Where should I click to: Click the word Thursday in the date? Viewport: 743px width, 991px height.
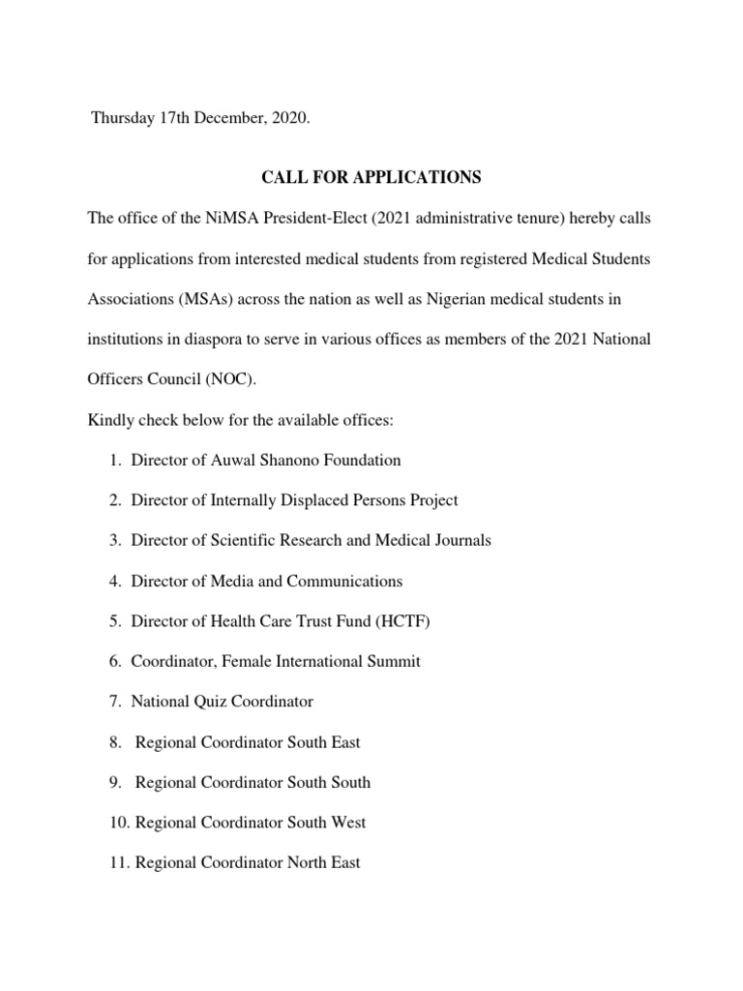(124, 117)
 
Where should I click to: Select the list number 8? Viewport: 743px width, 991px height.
(115, 742)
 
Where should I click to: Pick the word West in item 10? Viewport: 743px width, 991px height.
(348, 823)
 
